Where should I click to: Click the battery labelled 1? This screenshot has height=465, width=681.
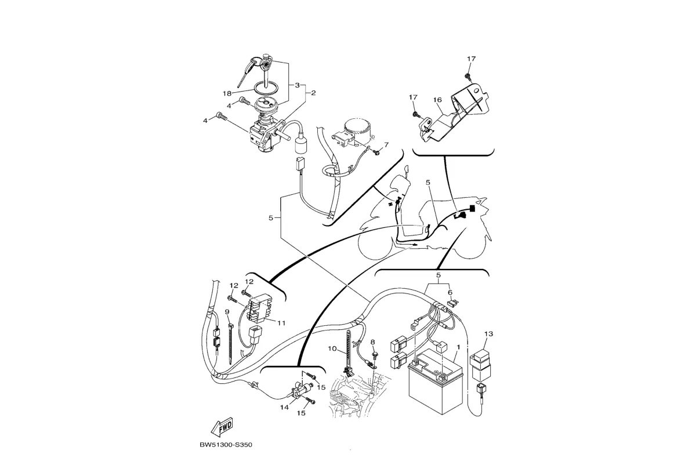tap(435, 386)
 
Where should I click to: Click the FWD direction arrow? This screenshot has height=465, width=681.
tap(223, 428)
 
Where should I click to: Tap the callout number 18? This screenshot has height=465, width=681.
tap(227, 93)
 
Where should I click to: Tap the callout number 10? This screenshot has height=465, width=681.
tap(332, 349)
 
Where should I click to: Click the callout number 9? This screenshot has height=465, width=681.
tap(227, 312)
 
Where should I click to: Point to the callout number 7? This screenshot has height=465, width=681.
tap(386, 144)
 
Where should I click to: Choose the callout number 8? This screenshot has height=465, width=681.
tap(373, 342)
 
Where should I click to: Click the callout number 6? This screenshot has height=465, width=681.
tap(450, 293)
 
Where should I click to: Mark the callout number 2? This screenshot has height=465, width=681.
tap(313, 93)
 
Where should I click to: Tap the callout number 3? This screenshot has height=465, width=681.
tap(297, 85)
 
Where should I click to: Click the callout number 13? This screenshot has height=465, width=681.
tap(488, 334)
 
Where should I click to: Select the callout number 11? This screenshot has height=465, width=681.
tap(281, 323)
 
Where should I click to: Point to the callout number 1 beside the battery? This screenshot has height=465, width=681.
tap(458, 347)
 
